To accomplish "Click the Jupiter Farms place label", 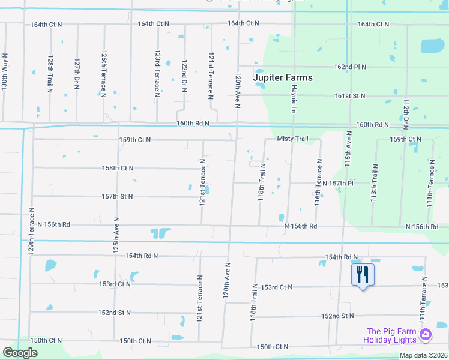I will pos(283,77).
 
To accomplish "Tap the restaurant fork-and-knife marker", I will pos(363,275).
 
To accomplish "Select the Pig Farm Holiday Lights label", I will pos(391,335).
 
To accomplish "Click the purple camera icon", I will pos(425,334).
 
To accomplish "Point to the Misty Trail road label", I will pos(292,139).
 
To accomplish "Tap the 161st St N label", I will pos(350,96).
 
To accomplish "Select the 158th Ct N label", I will pos(118,169).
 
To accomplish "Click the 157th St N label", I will pos(117,197).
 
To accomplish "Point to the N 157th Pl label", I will pos(340,183).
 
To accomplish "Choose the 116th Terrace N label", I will pos(318,182).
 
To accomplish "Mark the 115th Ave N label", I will pos(348,155).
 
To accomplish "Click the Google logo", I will pos(20,353).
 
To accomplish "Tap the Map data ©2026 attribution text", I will pos(423,355).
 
